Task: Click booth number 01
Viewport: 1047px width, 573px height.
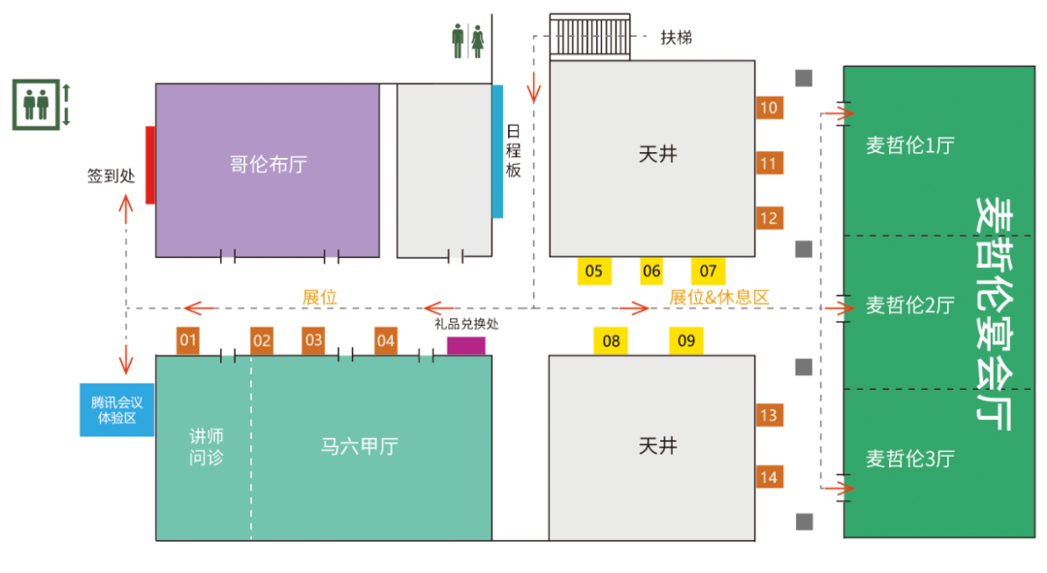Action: point(188,340)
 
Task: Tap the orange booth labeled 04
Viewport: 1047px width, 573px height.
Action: point(386,340)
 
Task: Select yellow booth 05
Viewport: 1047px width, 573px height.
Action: point(593,271)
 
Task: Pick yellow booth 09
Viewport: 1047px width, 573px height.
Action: point(686,340)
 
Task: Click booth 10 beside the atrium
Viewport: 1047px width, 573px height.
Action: point(769,108)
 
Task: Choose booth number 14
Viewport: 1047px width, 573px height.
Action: point(769,477)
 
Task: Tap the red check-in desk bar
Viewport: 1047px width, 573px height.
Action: point(150,165)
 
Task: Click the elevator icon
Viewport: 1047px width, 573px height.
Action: point(36,105)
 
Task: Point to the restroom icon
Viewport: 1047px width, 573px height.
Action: point(467,41)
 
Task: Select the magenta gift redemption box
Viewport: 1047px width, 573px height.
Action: point(465,345)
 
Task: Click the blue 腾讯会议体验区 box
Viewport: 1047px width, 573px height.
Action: point(116,409)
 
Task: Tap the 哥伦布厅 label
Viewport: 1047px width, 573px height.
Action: point(268,164)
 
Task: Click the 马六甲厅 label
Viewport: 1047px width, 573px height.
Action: point(359,446)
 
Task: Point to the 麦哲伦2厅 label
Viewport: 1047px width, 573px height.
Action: point(909,305)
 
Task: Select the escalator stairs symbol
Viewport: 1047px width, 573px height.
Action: point(589,38)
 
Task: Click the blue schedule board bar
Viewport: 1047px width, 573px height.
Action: point(497,150)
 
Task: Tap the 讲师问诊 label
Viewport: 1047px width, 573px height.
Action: point(206,446)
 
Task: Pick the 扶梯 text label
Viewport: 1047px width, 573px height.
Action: point(677,38)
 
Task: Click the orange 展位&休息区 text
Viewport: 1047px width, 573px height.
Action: point(718,298)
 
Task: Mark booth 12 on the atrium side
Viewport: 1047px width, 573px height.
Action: point(769,218)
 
